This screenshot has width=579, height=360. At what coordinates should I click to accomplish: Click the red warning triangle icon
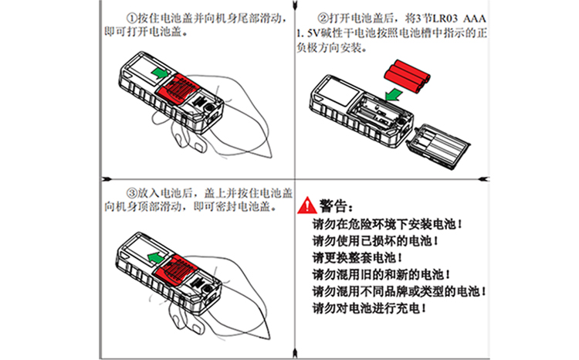pyautogui.click(x=307, y=206)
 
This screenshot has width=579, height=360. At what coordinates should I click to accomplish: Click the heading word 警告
pyautogui.click(x=337, y=206)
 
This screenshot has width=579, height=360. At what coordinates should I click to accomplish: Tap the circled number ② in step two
pyautogui.click(x=323, y=18)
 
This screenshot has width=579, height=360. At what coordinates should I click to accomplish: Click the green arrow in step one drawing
pyautogui.click(x=159, y=73)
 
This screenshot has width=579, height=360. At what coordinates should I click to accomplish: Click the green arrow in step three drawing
pyautogui.click(x=156, y=255)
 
